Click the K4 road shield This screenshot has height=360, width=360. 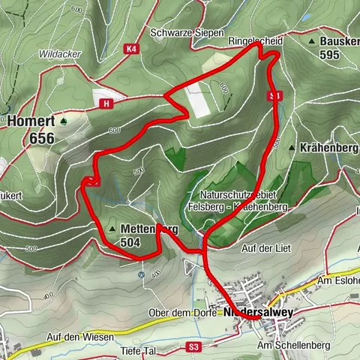tap(132, 49)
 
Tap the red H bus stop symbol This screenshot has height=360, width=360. tap(109, 103)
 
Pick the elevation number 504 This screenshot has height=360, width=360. tap(130, 242)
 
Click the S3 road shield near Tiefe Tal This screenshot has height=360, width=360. tap(194, 346)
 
